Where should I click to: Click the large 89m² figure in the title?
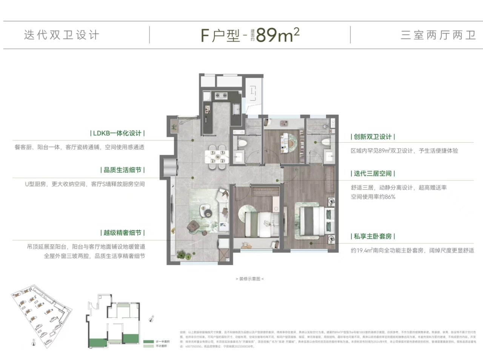(278, 35)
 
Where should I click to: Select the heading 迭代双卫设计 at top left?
(62, 35)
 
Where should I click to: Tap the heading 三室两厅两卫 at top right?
(438, 35)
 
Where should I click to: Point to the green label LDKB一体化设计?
(117, 133)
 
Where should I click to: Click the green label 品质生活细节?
(122, 170)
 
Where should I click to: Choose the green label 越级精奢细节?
(122, 233)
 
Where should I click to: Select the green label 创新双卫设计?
(373, 137)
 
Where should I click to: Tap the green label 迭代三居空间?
(373, 174)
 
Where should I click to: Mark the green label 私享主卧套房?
(373, 236)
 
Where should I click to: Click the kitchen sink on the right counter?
(237, 109)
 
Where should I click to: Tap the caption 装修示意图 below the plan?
(249, 279)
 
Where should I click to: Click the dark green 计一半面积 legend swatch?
(149, 342)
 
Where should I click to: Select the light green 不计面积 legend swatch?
(149, 346)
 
